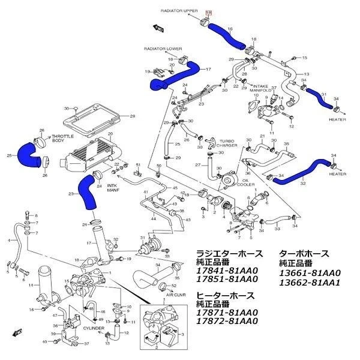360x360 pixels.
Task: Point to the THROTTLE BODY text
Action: (59, 138)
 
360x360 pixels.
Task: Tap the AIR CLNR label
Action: (178, 296)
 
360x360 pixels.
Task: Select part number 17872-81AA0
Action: (227, 321)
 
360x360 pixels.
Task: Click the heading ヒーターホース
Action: (225, 296)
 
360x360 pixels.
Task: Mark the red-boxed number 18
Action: (209, 12)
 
